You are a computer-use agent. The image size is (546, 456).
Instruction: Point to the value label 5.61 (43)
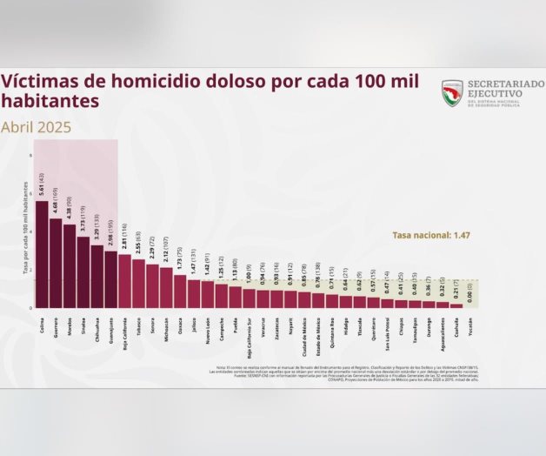pyautogui.click(x=41, y=184)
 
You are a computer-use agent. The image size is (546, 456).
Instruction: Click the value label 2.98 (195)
pyautogui.click(x=110, y=234)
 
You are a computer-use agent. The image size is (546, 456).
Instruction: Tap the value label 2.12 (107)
pyautogui.click(x=166, y=251)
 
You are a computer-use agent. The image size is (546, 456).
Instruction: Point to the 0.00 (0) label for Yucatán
pyautogui.click(x=470, y=290)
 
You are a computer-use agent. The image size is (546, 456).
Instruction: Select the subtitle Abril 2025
pyautogui.click(x=37, y=127)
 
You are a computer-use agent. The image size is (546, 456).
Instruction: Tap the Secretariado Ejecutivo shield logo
pyautogui.click(x=452, y=93)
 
